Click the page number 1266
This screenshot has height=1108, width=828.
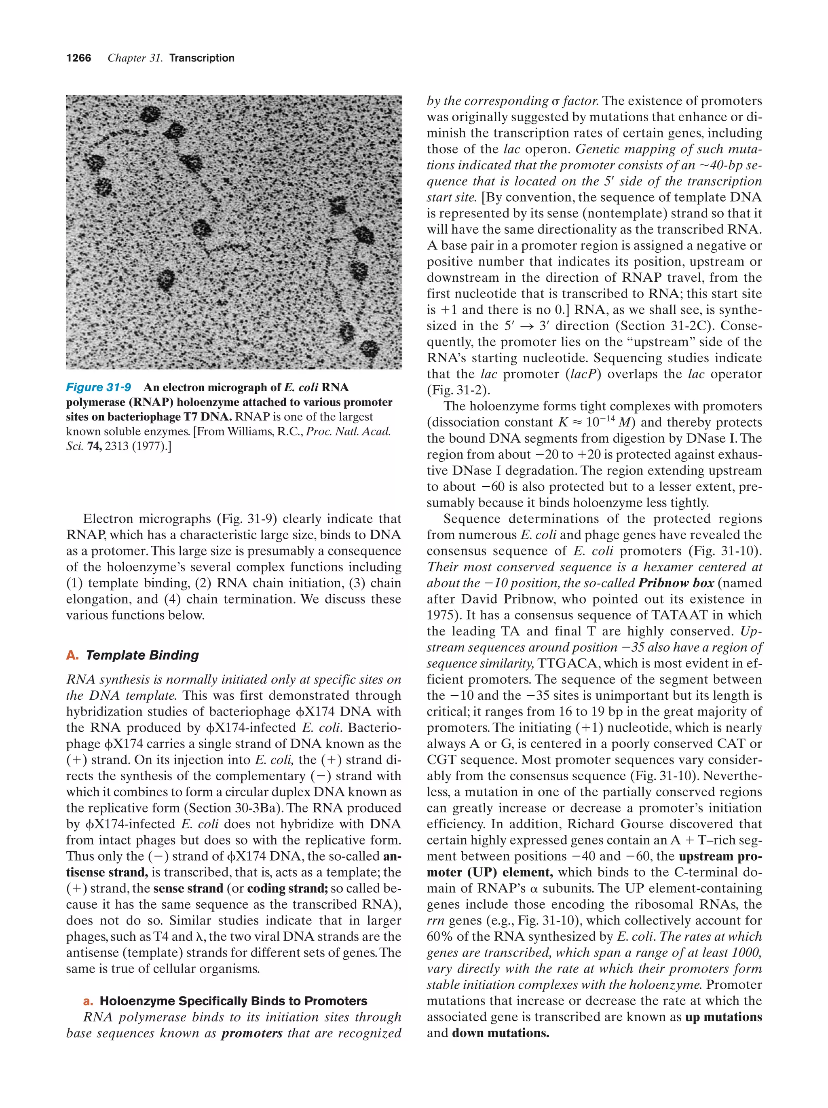(79, 58)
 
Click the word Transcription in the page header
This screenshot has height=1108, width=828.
(201, 58)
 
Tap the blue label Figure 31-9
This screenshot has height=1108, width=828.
(99, 387)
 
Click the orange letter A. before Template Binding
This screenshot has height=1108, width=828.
(72, 655)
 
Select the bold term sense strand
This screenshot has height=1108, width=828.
(188, 889)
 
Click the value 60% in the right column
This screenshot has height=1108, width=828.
(440, 937)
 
